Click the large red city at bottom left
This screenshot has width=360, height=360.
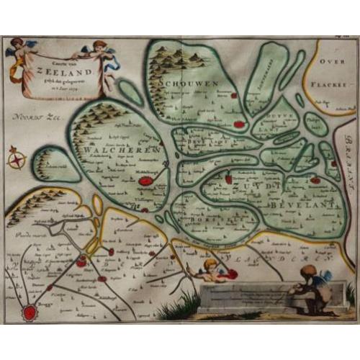[x=30, y=312]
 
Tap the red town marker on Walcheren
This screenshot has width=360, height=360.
[x=146, y=181]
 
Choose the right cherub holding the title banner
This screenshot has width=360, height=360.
[x=102, y=55]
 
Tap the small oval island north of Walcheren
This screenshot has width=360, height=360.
[x=131, y=92]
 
